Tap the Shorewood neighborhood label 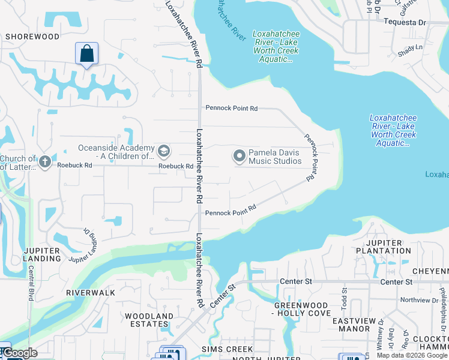(32, 37)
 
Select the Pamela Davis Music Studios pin (240, 157)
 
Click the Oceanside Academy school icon (163, 149)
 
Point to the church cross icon (44, 161)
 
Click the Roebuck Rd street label (175, 166)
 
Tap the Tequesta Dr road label (405, 22)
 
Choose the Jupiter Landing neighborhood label (43, 254)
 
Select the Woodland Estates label (149, 320)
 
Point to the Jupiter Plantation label (383, 247)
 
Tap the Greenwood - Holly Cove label (302, 309)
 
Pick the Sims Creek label (228, 349)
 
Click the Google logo (20, 353)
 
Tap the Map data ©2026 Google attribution (412, 355)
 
